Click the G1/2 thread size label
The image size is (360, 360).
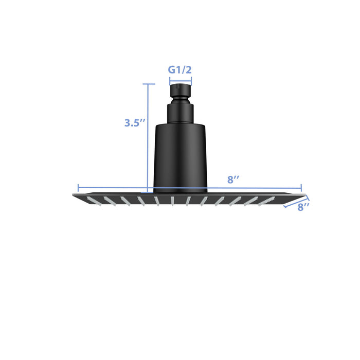181,69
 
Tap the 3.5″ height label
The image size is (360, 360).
135,123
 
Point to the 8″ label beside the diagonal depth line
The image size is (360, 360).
303,207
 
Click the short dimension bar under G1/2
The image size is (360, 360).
181,80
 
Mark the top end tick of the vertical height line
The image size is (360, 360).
148,84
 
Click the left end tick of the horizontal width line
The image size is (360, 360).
78,188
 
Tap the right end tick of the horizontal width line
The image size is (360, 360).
301,188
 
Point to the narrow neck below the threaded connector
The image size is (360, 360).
181,113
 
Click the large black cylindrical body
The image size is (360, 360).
181,154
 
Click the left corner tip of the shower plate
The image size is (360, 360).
73,194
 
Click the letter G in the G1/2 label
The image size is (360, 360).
172,69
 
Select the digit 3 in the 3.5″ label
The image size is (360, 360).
128,123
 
